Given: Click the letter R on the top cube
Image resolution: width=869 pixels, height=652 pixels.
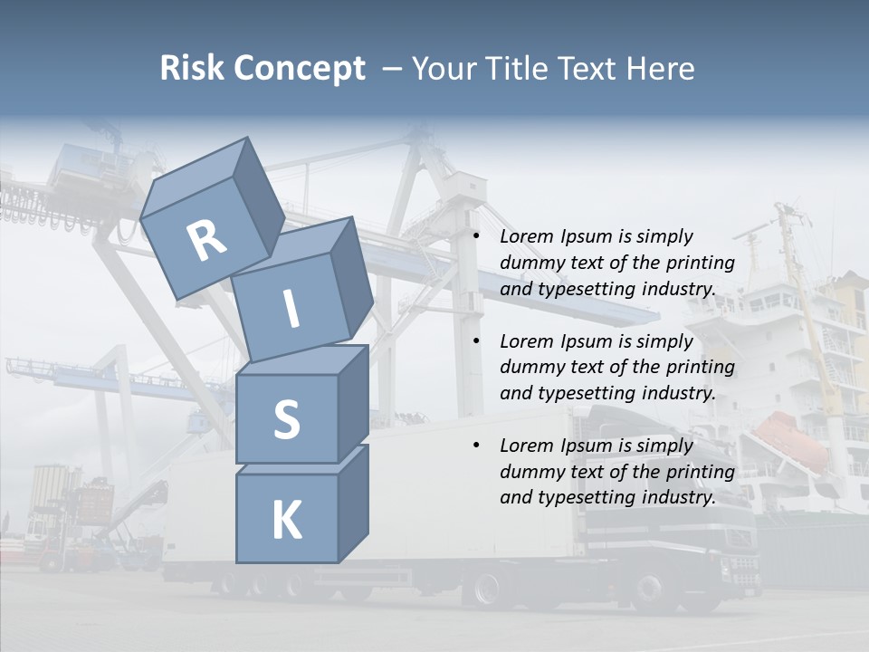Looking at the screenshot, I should [x=206, y=241].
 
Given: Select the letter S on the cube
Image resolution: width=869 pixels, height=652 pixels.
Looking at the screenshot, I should [x=286, y=419].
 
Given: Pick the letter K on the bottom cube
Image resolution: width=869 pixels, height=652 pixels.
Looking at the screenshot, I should [x=286, y=521].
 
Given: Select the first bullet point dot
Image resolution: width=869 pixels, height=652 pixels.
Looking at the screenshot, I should [x=476, y=236].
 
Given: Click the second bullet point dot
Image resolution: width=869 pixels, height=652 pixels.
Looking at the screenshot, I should [x=476, y=341].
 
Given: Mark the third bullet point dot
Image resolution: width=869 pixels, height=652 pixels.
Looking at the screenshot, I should [x=476, y=446].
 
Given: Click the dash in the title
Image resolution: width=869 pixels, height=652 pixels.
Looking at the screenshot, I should [x=393, y=69].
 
